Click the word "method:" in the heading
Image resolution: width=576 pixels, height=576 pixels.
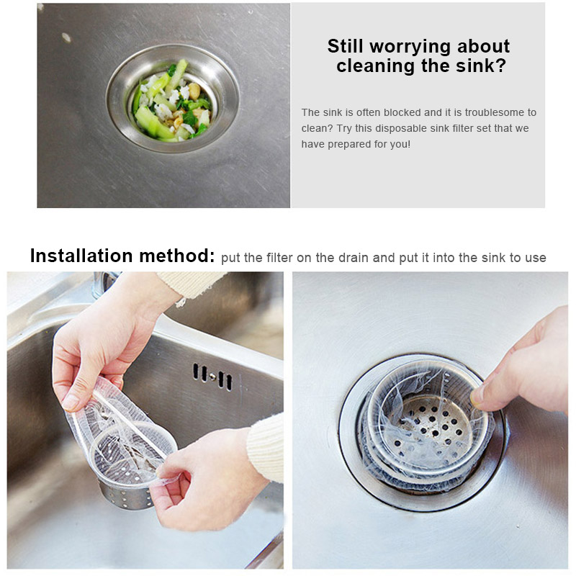point(177,256)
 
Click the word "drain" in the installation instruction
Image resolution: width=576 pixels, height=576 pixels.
point(353,258)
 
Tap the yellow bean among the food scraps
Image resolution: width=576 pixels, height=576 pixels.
point(194,91)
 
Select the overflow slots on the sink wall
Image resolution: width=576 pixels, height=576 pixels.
point(212,377)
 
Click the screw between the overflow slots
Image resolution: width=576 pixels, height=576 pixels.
point(212,376)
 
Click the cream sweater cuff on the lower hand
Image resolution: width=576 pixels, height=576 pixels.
point(265,447)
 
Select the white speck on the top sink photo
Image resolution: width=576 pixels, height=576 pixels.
point(66,37)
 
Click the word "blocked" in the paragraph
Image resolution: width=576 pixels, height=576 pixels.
point(402,112)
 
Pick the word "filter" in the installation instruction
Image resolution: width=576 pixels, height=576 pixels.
point(279,258)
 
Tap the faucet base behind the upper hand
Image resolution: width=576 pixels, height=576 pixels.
point(104,284)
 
